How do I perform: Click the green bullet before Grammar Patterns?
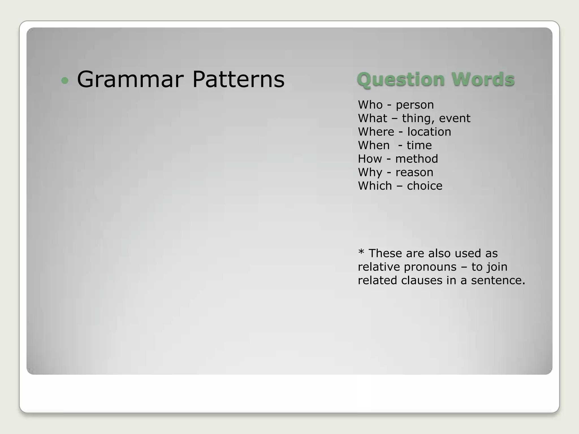click(x=65, y=81)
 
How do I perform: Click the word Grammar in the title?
click(x=130, y=80)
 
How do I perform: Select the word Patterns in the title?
click(x=238, y=79)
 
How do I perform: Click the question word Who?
click(x=370, y=105)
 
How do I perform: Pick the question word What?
click(x=372, y=118)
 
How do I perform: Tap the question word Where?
click(x=376, y=132)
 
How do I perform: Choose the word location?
click(x=429, y=132)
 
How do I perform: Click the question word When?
click(x=374, y=145)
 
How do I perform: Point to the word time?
click(x=419, y=145)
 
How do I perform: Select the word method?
click(x=416, y=159)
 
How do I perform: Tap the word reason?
click(x=414, y=172)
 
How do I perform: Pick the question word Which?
click(x=375, y=186)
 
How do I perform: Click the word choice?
click(x=425, y=186)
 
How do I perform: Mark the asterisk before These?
click(x=361, y=252)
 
